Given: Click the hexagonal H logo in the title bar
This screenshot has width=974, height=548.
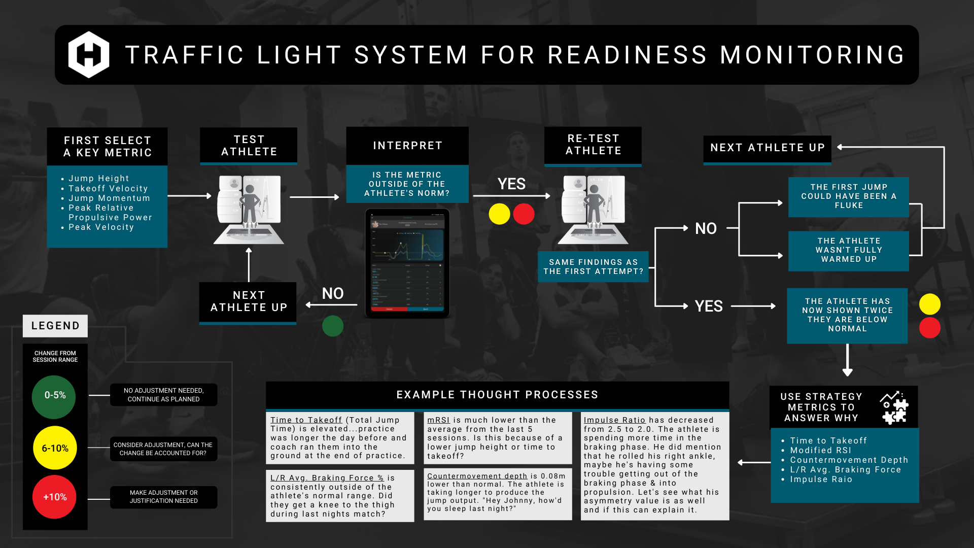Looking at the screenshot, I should [x=89, y=55].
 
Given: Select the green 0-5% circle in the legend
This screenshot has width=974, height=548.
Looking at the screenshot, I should [x=54, y=396].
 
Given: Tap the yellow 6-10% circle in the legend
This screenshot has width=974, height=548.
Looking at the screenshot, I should [x=55, y=448].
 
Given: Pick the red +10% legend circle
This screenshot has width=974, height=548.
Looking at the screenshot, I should [x=55, y=497].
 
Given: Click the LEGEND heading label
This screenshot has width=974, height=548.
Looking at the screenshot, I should [x=55, y=326].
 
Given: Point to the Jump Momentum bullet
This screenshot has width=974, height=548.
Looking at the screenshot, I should [x=109, y=198].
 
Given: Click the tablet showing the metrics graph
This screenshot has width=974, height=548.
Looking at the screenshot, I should [x=407, y=263].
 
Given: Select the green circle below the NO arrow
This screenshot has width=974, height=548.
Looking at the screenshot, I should [x=333, y=326].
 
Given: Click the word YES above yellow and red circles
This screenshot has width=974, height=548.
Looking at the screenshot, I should [x=511, y=184].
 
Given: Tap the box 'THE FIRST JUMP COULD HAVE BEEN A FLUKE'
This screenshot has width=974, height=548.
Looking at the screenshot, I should [x=849, y=196].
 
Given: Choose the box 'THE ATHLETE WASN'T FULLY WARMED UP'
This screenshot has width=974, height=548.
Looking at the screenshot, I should [x=849, y=250].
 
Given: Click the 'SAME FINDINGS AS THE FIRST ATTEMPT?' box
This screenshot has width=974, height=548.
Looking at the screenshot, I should [x=593, y=267].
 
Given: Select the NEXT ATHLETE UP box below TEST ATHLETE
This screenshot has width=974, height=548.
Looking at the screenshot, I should [x=249, y=302].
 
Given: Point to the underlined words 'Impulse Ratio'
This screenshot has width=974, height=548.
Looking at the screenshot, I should [x=614, y=420].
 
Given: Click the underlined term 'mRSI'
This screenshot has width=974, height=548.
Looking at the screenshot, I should [x=438, y=420].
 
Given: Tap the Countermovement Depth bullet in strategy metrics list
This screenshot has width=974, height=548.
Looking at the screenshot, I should [x=849, y=460].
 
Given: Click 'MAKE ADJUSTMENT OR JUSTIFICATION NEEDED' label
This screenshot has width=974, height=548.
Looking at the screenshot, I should [x=163, y=497].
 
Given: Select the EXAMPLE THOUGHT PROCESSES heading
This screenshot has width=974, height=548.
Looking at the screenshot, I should [x=497, y=395].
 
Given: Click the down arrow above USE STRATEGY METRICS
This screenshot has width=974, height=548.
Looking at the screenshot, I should [x=847, y=361].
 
